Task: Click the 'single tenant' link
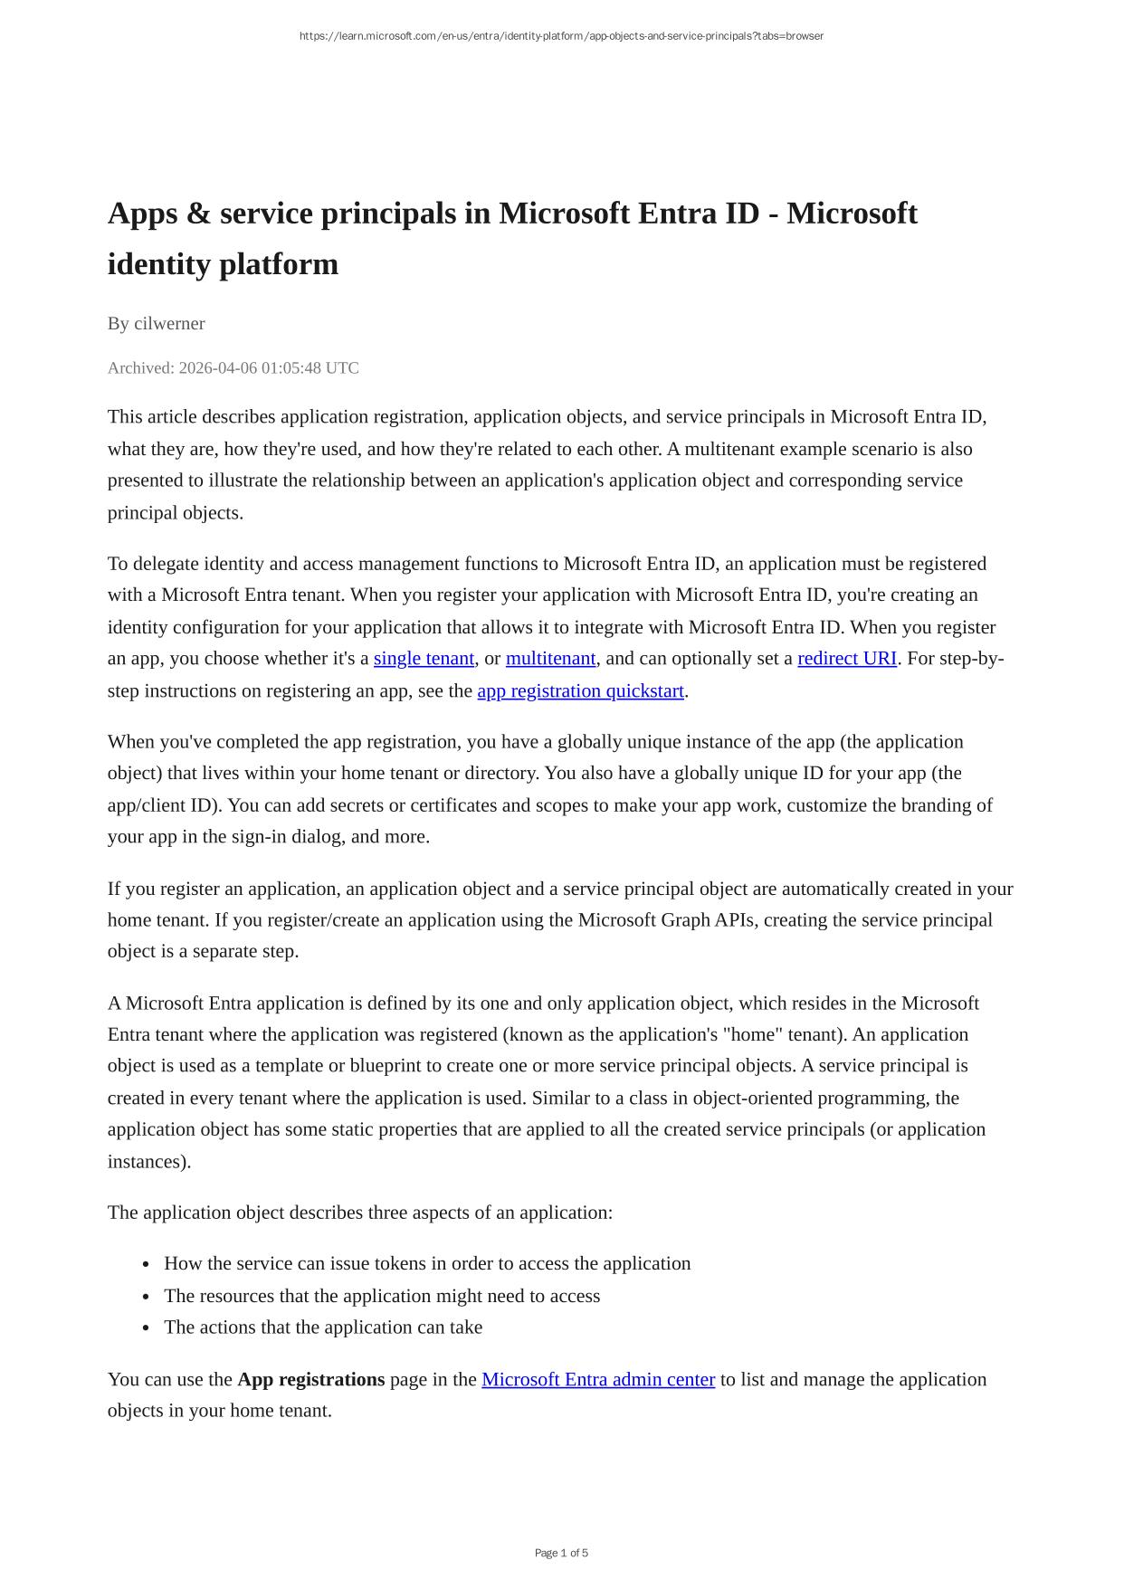click(424, 659)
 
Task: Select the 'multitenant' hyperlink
click(550, 659)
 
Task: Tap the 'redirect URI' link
click(846, 659)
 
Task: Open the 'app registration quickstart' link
click(580, 691)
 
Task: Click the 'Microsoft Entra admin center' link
click(597, 1380)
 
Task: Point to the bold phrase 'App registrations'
click(310, 1380)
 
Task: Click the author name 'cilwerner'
click(169, 324)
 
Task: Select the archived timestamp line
click(233, 368)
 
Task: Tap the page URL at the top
click(561, 36)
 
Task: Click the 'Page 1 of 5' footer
click(561, 1554)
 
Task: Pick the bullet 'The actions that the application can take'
click(323, 1327)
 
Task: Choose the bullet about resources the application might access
click(382, 1296)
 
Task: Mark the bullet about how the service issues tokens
click(427, 1264)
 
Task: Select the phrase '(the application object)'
click(896, 742)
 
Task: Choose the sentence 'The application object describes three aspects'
click(359, 1213)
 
